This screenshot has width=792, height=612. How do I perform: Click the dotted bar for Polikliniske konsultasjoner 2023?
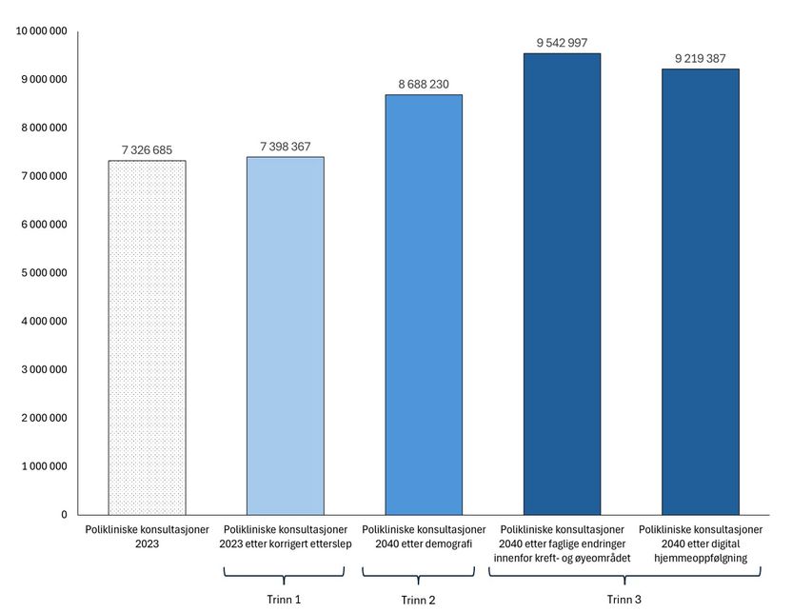click(147, 337)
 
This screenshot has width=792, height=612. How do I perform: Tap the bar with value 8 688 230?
click(424, 304)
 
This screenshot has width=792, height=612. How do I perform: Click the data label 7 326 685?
click(147, 150)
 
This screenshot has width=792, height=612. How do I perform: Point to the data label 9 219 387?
click(700, 59)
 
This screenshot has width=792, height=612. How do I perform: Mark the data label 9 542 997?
click(562, 43)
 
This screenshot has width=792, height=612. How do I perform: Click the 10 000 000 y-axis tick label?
click(42, 31)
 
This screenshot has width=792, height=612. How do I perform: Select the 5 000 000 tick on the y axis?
click(44, 273)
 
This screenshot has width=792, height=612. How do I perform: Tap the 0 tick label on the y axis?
click(64, 515)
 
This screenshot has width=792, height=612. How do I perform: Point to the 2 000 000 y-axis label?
click(44, 418)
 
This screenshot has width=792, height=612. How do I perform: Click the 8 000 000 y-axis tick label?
click(44, 128)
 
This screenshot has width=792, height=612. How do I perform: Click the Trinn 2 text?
click(419, 600)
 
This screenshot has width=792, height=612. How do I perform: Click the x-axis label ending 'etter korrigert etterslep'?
click(285, 537)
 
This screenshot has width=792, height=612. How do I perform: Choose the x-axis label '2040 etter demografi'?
click(424, 537)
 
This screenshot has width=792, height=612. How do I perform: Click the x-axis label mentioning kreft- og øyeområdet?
click(562, 543)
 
